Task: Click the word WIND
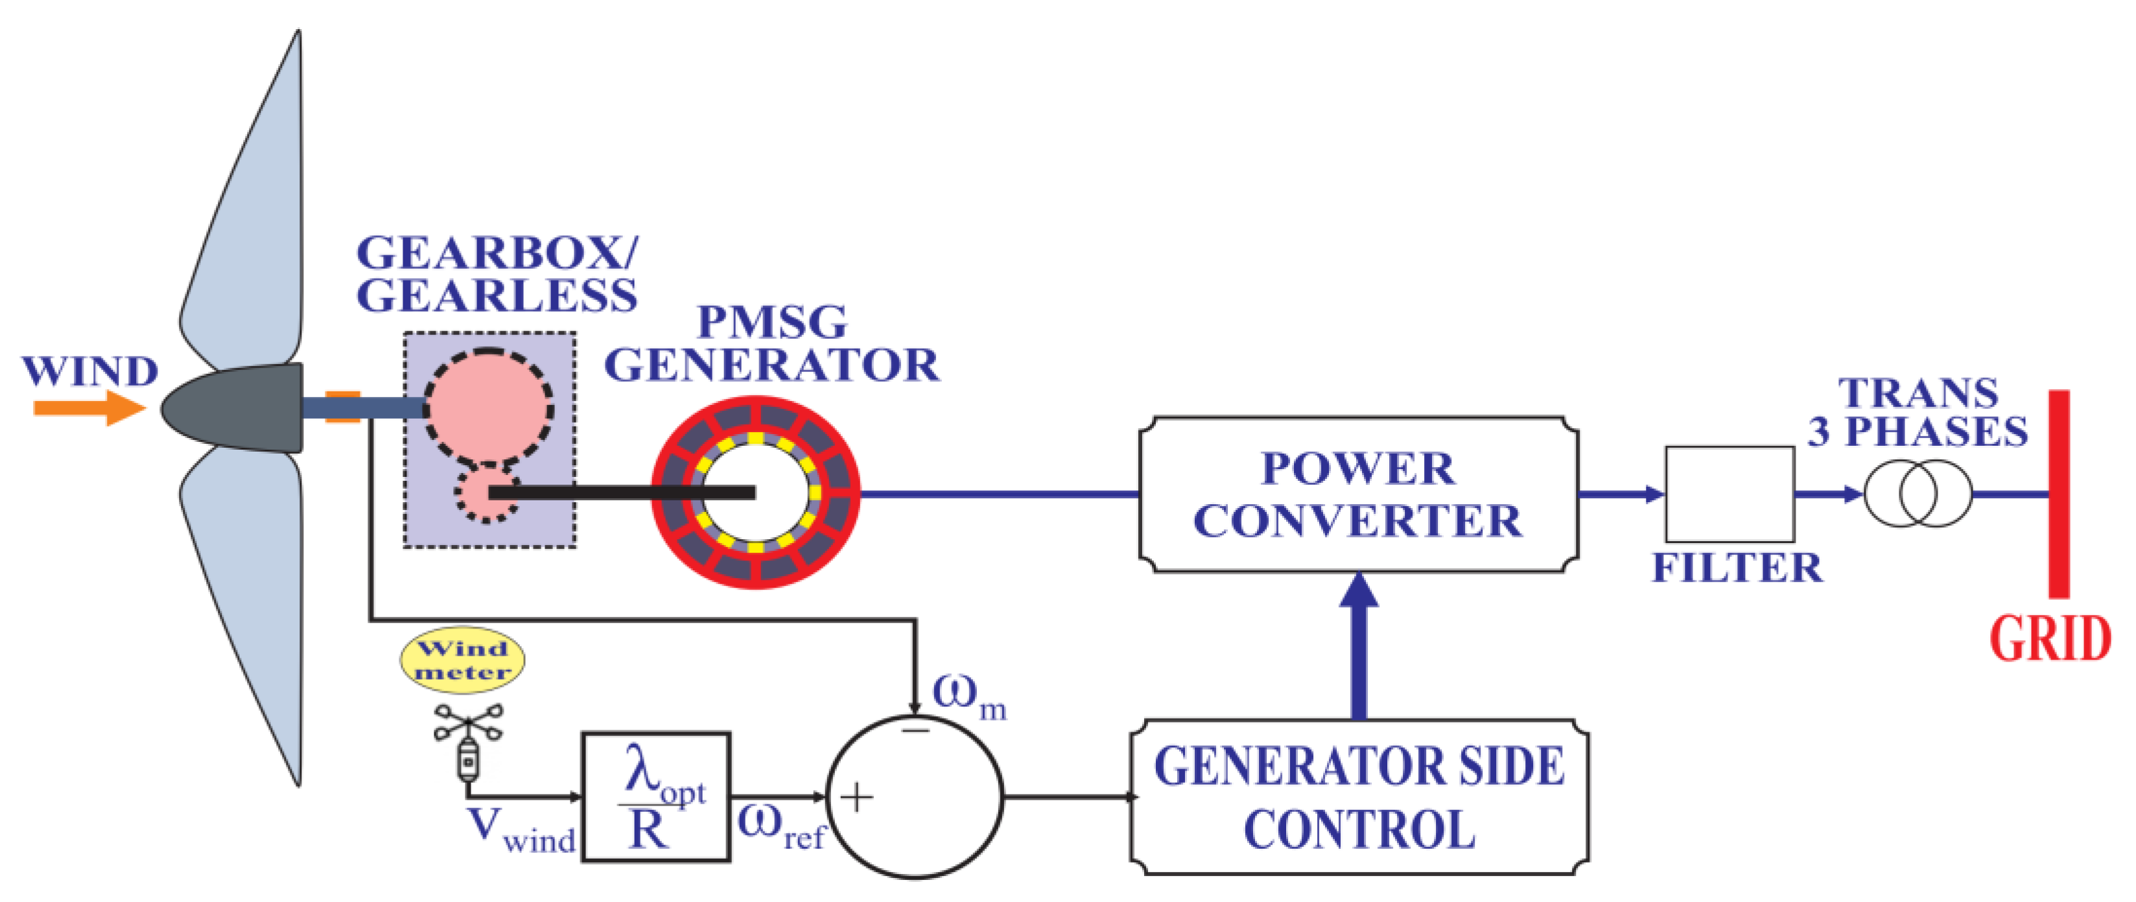pyautogui.click(x=89, y=371)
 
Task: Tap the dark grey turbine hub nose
pyautogui.click(x=232, y=408)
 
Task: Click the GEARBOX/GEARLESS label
pyautogui.click(x=497, y=274)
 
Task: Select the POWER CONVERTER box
pyautogui.click(x=1357, y=494)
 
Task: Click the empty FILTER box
pyautogui.click(x=1730, y=494)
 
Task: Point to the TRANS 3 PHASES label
pyautogui.click(x=1918, y=412)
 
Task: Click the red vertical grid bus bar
pyautogui.click(x=2059, y=494)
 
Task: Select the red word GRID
pyautogui.click(x=2050, y=638)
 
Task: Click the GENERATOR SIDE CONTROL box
pyautogui.click(x=1359, y=797)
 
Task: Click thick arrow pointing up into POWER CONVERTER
pyautogui.click(x=1359, y=647)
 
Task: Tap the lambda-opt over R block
pyautogui.click(x=656, y=797)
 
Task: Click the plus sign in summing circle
pyautogui.click(x=856, y=798)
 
